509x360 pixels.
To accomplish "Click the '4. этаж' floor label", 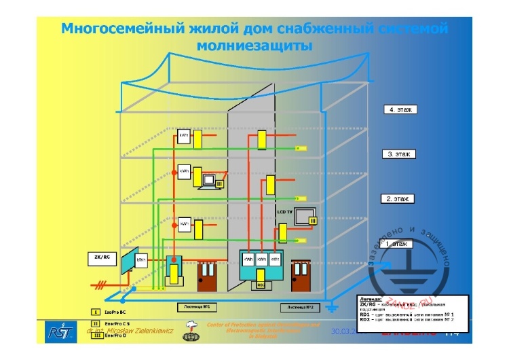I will pyautogui.click(x=400, y=109).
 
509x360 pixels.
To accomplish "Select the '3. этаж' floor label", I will pyautogui.click(x=400, y=154).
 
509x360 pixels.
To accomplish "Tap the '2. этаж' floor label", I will pyautogui.click(x=400, y=199).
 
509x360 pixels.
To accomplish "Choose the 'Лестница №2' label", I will pyautogui.click(x=300, y=307).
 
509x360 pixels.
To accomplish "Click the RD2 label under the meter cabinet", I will pyautogui.click(x=260, y=285).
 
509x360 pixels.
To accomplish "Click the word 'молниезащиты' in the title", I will pyautogui.click(x=255, y=46).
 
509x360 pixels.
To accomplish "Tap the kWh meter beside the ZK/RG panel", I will pyautogui.click(x=141, y=259).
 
